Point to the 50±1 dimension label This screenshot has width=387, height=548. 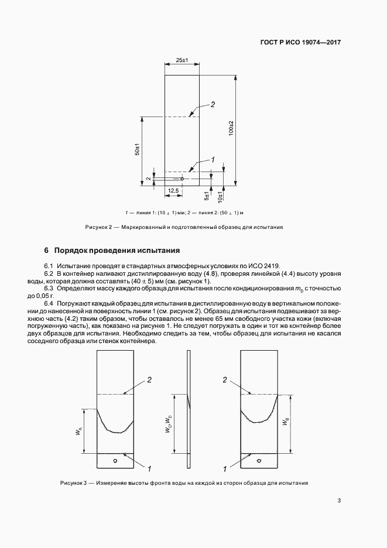(x=137, y=149)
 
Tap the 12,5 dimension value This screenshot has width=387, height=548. (x=173, y=191)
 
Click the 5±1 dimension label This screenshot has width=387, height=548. (x=207, y=195)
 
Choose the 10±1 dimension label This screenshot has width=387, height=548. (x=221, y=195)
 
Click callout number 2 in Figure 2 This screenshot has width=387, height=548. (x=213, y=104)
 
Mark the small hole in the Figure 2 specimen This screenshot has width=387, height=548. (x=182, y=179)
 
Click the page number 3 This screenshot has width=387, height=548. (x=340, y=500)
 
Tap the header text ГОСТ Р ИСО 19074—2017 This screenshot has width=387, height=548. (x=300, y=43)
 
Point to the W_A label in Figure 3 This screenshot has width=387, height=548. (x=78, y=432)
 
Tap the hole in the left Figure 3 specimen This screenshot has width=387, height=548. (x=115, y=460)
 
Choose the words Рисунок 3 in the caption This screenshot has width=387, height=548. (x=73, y=483)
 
